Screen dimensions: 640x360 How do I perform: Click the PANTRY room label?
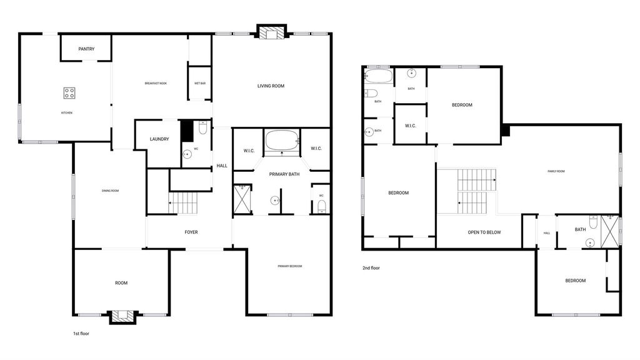(x=86, y=49)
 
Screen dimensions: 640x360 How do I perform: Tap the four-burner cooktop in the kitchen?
(x=69, y=93)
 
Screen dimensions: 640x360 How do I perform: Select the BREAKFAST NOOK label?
(x=156, y=83)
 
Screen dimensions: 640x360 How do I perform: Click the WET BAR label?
(x=200, y=83)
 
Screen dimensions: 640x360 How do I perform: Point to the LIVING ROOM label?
(x=271, y=86)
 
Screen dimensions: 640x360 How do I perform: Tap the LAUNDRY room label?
(x=159, y=139)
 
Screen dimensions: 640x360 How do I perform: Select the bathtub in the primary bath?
(x=282, y=141)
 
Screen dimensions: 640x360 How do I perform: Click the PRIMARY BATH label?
(x=284, y=174)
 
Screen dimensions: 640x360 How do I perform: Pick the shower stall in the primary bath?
(x=242, y=199)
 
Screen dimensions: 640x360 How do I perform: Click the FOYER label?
(x=191, y=232)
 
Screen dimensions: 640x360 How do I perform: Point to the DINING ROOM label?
(x=110, y=191)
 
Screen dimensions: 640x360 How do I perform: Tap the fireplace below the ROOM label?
(x=122, y=317)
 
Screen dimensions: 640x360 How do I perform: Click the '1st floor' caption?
(x=81, y=334)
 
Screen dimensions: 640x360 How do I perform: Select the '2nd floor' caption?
(x=371, y=267)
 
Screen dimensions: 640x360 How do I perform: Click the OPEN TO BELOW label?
(x=484, y=232)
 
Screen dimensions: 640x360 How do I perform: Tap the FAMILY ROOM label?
(x=556, y=171)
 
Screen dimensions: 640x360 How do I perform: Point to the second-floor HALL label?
(x=547, y=233)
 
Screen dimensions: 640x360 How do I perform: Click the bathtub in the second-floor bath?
(x=378, y=76)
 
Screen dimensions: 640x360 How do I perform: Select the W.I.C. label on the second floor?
(x=411, y=126)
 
